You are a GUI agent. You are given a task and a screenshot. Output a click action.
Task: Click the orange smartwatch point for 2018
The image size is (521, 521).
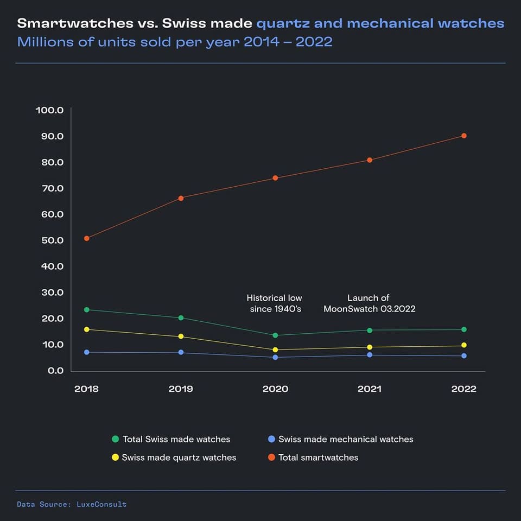tap(87, 238)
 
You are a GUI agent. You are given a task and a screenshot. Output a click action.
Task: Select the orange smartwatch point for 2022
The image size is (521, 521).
tap(464, 136)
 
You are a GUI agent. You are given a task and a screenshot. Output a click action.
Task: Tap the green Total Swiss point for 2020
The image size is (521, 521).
tap(276, 335)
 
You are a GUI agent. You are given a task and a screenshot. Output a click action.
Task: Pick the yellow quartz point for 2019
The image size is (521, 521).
tap(181, 336)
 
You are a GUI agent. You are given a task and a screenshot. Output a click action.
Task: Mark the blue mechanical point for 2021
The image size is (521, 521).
tap(370, 355)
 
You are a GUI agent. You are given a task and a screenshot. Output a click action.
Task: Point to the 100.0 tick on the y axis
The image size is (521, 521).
tap(50, 110)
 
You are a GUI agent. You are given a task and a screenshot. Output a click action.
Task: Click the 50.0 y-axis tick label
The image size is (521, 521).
tap(50, 240)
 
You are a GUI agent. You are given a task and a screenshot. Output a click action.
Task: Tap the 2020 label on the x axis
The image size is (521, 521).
tap(275, 389)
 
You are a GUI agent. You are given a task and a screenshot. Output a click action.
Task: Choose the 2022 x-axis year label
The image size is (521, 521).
tap(463, 389)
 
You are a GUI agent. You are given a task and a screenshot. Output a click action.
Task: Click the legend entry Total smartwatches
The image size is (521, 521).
tap(318, 458)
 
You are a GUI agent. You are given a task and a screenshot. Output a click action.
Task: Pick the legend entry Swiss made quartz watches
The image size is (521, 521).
tap(179, 458)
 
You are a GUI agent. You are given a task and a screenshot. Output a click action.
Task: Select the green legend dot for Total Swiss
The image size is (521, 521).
tap(115, 439)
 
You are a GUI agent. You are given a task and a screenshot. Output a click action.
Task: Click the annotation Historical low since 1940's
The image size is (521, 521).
tap(275, 303)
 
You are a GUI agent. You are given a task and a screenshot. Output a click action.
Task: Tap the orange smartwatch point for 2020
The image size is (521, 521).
tap(276, 178)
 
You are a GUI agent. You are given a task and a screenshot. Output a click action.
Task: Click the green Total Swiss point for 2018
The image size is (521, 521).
tap(87, 310)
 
